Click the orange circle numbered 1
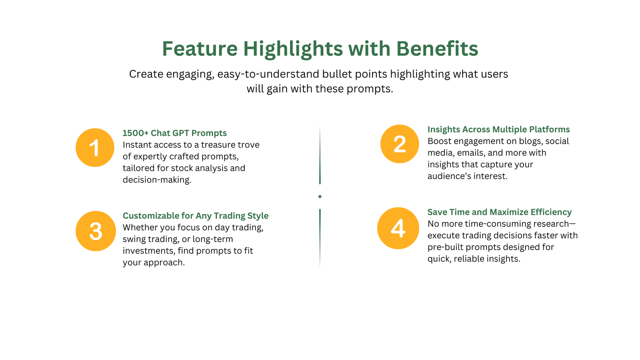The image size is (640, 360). click(x=95, y=148)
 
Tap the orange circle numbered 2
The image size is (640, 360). click(x=400, y=144)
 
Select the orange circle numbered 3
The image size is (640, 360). click(x=96, y=231)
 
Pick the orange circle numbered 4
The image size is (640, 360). click(x=398, y=228)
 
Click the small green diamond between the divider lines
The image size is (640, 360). click(x=320, y=196)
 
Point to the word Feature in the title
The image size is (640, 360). click(x=200, y=48)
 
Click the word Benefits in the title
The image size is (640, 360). click(x=437, y=48)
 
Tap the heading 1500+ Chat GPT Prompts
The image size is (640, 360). click(x=174, y=133)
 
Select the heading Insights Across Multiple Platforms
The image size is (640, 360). click(x=498, y=129)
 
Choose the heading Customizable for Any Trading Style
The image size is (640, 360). click(x=196, y=216)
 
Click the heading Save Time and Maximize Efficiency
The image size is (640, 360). click(x=500, y=212)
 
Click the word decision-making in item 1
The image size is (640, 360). click(x=157, y=180)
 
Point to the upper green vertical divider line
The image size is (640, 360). click(x=320, y=154)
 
